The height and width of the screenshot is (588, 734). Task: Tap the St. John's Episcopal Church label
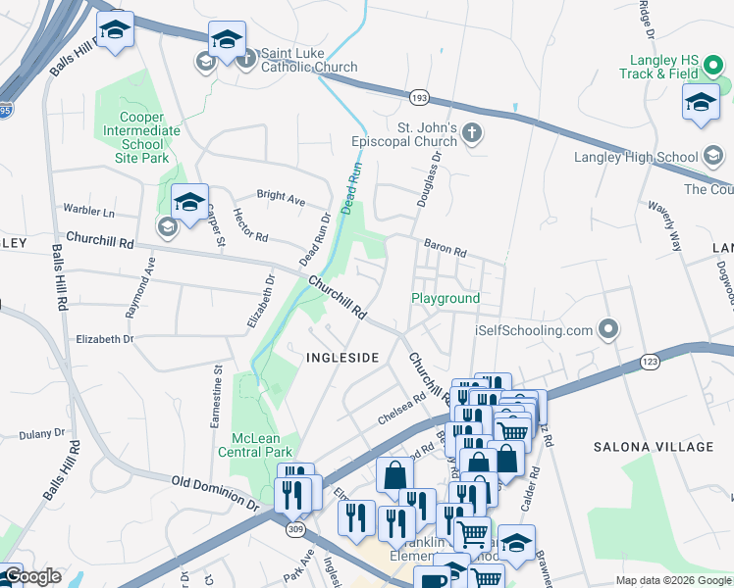[x=413, y=135]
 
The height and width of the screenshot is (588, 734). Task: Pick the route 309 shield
[x=294, y=528]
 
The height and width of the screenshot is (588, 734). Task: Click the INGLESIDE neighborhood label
[x=341, y=358]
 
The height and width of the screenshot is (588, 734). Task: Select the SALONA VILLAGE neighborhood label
[x=654, y=447]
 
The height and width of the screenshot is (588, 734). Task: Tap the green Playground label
[x=446, y=298]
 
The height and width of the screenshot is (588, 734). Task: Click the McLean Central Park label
[x=262, y=445]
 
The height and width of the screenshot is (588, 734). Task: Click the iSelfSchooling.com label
[x=536, y=330]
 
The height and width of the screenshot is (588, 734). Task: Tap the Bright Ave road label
[x=281, y=198]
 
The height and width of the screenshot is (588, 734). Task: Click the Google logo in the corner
[x=32, y=577]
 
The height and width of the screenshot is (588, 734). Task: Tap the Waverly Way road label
[x=663, y=226]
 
